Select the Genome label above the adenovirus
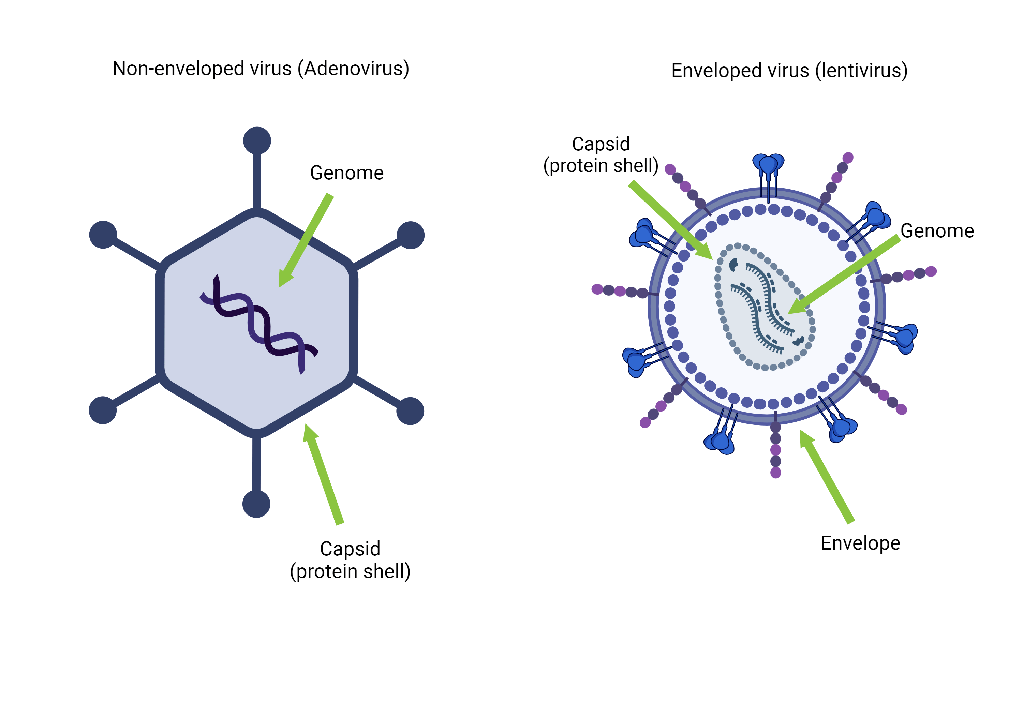point(347,173)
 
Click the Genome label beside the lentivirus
point(937,231)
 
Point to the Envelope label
point(860,543)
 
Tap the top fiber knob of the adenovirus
point(257,141)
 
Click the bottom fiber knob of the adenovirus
point(256,504)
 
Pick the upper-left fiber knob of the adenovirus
point(103,235)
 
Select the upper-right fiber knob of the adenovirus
point(410,235)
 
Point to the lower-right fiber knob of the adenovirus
point(410,411)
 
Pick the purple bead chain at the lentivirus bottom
point(776,450)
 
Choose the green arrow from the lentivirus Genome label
point(847,274)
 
